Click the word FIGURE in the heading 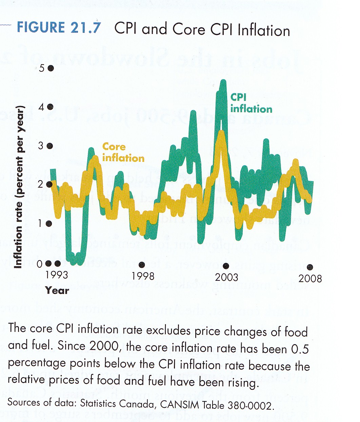click(x=41, y=27)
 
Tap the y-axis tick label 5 click(x=42, y=68)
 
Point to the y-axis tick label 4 click(x=42, y=107)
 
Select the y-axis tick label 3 click(x=41, y=146)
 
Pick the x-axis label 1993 click(x=57, y=274)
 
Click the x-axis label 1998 click(x=143, y=276)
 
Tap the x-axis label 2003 click(x=226, y=277)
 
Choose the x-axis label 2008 click(x=310, y=278)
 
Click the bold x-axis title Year click(x=57, y=291)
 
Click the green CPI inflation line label click(x=251, y=103)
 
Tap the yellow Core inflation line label click(x=123, y=152)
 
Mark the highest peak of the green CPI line click(x=223, y=81)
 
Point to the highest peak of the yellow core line click(x=221, y=132)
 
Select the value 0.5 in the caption click(x=300, y=349)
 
